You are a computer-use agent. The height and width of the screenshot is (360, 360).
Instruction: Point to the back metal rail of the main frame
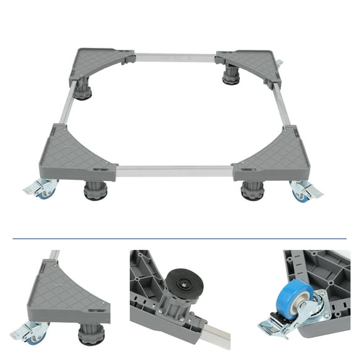pyautogui.click(x=175, y=57)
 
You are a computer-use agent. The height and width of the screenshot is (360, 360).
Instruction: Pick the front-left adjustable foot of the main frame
pyautogui.click(x=96, y=191)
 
